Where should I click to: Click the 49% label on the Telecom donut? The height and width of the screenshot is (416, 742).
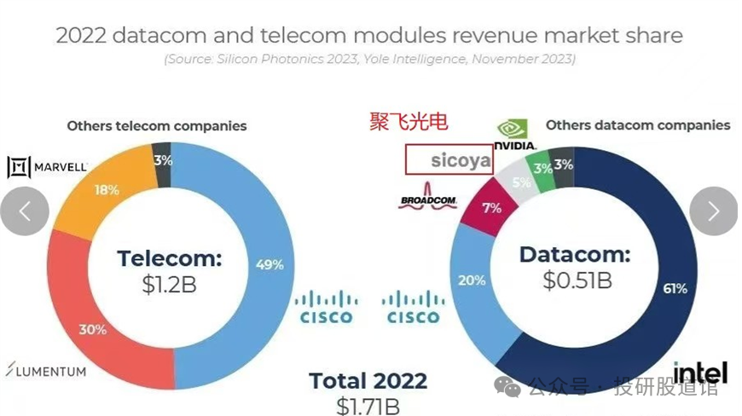[270, 264]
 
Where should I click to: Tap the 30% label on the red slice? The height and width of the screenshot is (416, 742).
[93, 329]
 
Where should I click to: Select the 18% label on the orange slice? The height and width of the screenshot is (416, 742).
[107, 190]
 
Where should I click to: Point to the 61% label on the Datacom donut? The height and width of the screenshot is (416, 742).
[675, 289]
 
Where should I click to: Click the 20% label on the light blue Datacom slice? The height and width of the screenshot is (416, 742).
[472, 280]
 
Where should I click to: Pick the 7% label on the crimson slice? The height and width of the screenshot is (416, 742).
[491, 207]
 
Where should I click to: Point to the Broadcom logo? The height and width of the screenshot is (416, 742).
[428, 200]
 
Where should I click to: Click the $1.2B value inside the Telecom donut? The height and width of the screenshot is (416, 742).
[169, 285]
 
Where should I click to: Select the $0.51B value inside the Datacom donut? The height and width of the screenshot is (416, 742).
[577, 280]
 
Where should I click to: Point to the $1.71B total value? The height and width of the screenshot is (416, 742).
[368, 405]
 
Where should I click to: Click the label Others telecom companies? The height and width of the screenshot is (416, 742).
[157, 126]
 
